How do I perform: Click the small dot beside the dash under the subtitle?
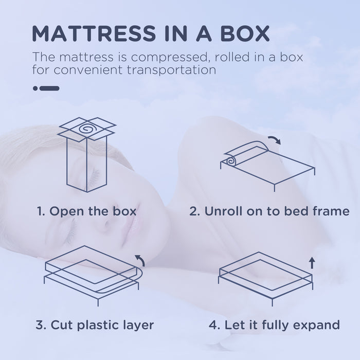(35, 88)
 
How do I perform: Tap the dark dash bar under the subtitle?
(50, 88)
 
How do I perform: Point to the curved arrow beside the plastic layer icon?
(139, 260)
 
